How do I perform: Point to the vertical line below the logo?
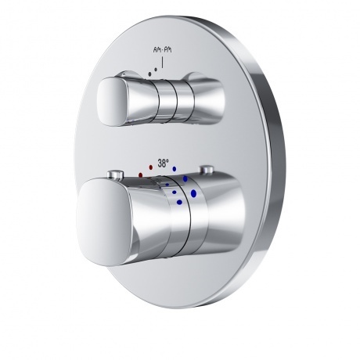point(162,61)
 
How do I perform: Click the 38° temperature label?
point(162,164)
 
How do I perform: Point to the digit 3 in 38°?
point(159,164)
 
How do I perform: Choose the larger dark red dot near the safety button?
point(140,175)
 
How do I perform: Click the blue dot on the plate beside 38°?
point(175,166)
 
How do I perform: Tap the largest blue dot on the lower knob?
point(193,191)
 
